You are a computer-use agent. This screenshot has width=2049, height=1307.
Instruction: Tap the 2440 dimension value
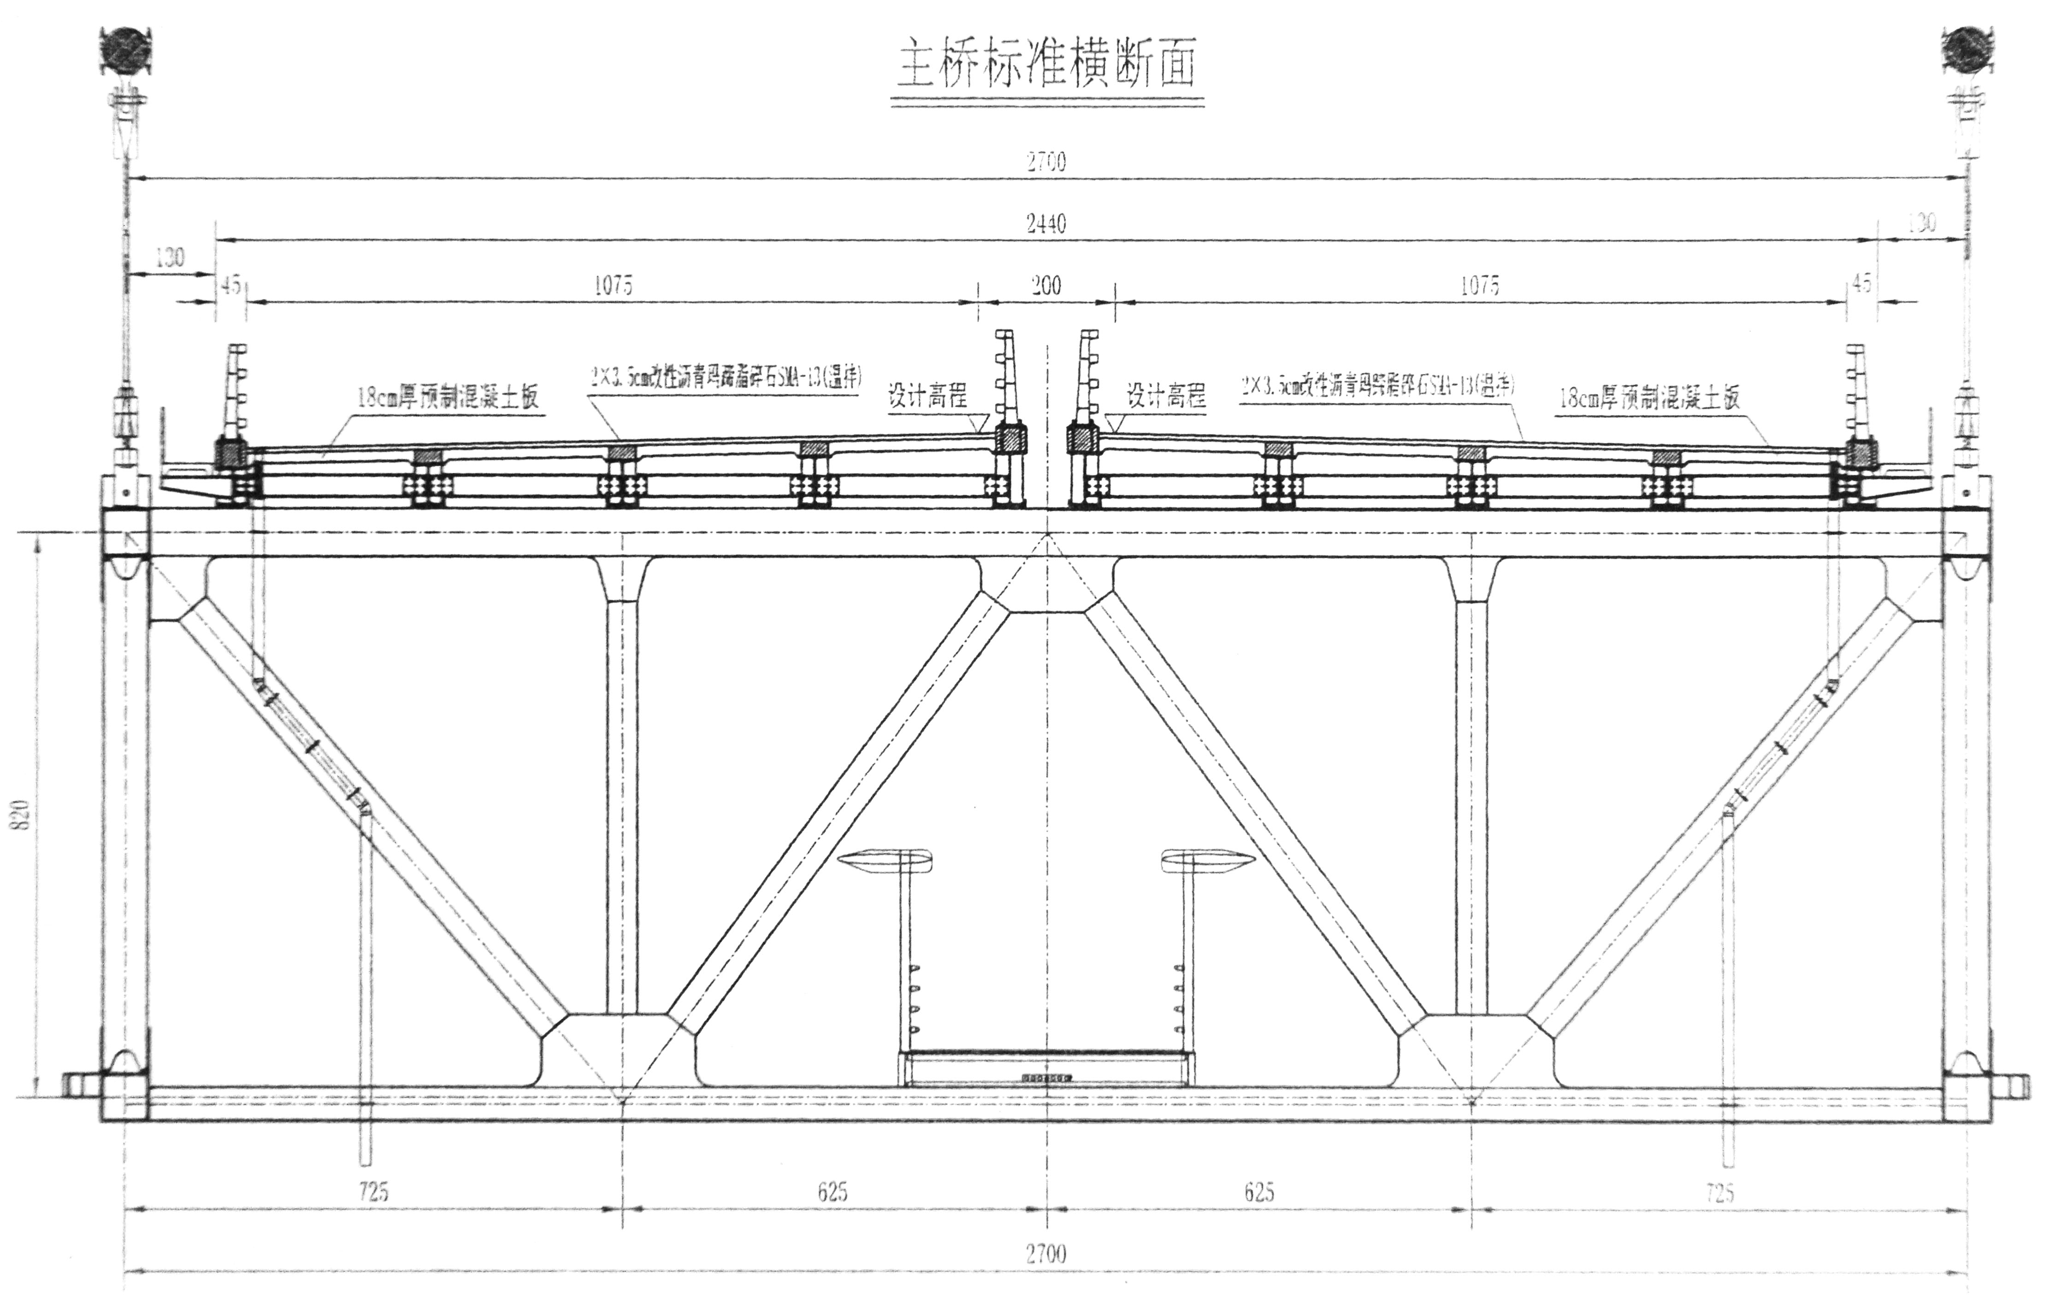coord(1046,224)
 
